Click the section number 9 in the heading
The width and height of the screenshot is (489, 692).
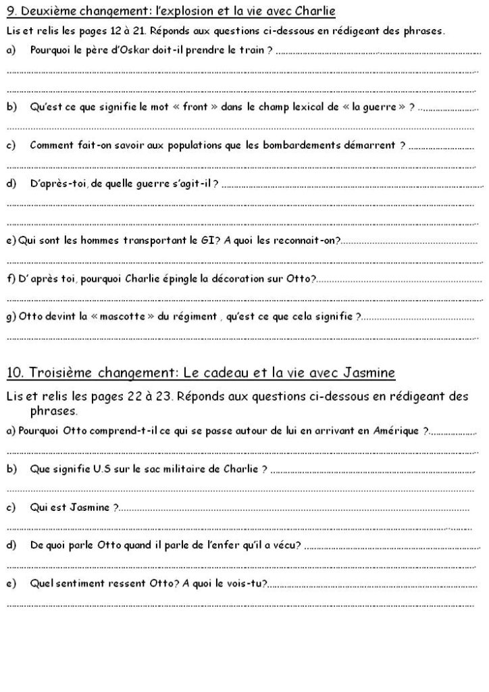tap(9, 11)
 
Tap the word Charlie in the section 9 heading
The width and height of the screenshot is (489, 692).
tap(315, 11)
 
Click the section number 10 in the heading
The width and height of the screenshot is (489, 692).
tap(15, 372)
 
